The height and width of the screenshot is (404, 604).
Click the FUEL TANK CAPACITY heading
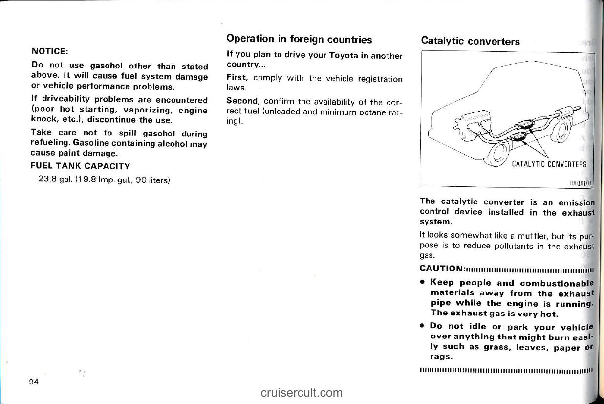click(80, 166)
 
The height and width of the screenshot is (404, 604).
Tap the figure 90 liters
click(152, 180)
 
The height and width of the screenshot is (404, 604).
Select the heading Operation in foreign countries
click(299, 39)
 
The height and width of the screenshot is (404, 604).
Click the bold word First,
click(238, 78)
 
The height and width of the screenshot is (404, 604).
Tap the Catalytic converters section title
click(470, 41)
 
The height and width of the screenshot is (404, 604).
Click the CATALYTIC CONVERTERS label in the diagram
click(548, 164)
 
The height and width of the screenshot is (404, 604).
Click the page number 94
click(34, 381)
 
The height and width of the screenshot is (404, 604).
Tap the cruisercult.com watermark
click(302, 392)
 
